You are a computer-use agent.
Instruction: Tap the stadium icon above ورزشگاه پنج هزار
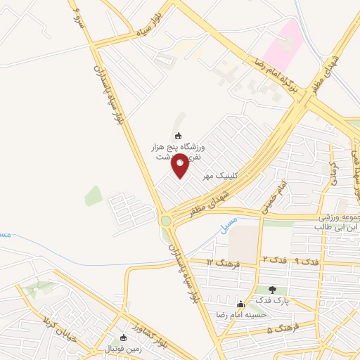[178, 136]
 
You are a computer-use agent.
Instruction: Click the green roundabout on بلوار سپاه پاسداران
[166, 220]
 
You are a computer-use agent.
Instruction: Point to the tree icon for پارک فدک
[272, 290]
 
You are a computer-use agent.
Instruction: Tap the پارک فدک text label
[272, 300]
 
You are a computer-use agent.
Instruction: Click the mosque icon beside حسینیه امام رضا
[241, 304]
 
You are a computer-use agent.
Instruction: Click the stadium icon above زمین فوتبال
[124, 337]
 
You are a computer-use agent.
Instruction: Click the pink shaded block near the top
[284, 44]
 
